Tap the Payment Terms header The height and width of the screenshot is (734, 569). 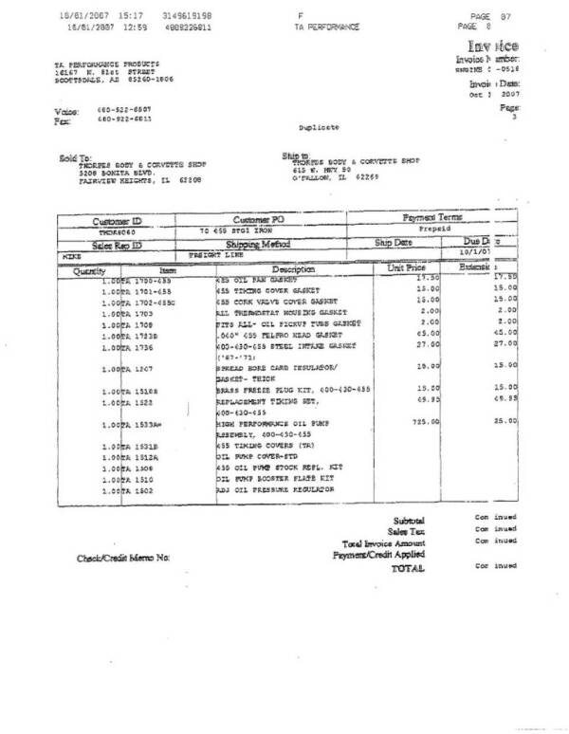point(436,217)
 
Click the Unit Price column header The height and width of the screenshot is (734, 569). point(407,268)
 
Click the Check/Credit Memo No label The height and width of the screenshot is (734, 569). point(123,559)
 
